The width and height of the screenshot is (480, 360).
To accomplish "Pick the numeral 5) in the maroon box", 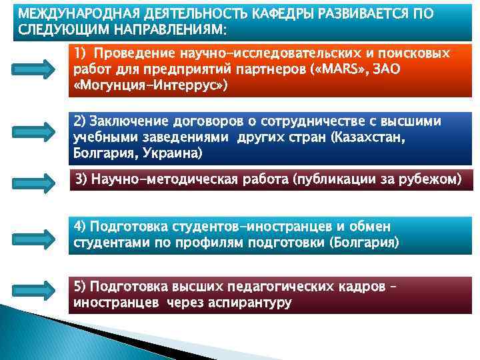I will (x=80, y=287).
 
